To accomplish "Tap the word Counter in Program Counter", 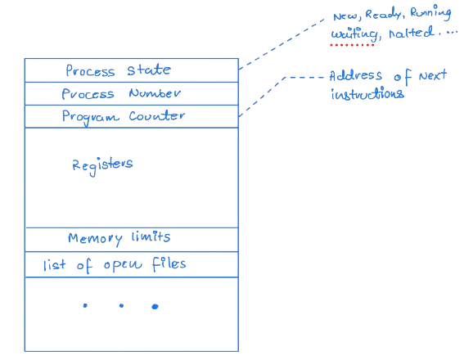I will point(158,116).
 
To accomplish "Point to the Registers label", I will point(103,164).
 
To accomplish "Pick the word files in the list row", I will point(168,263).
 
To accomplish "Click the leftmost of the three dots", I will point(84,306).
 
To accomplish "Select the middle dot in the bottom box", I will point(120,306).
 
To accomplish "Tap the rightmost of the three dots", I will point(155,306).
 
